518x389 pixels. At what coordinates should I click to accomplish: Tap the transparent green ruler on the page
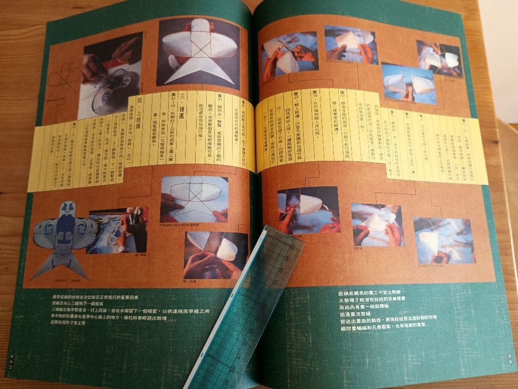coord(245,307)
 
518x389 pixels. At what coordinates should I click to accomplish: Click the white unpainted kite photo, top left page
coord(198,53)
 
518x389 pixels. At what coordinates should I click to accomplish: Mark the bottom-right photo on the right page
coord(444,240)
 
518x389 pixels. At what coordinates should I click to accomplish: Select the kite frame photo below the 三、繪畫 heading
coord(194,198)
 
